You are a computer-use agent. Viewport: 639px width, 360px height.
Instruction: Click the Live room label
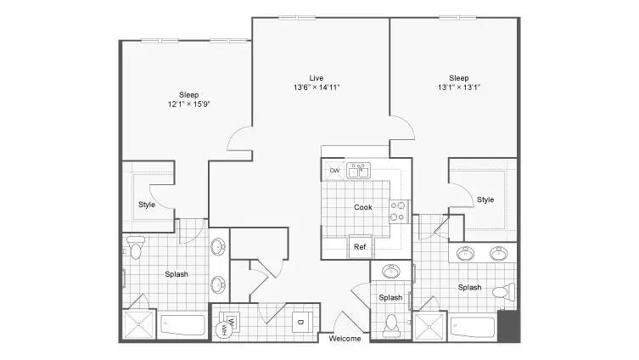[317, 78]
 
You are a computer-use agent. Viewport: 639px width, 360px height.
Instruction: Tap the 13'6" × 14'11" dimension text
[317, 87]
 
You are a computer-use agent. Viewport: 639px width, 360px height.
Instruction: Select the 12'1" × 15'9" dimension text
[188, 104]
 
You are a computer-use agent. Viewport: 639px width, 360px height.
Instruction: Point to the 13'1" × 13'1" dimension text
[459, 87]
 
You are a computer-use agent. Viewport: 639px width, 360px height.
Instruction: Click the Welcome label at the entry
[345, 339]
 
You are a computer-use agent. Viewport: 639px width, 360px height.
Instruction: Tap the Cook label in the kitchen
[362, 207]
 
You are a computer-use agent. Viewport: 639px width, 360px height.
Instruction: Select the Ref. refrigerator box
[361, 247]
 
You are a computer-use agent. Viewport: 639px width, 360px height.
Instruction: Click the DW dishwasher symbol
[334, 171]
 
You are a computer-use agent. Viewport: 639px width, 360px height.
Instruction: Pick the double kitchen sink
[359, 171]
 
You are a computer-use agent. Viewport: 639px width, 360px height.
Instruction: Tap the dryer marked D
[302, 322]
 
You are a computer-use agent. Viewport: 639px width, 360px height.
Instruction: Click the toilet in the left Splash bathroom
[135, 248]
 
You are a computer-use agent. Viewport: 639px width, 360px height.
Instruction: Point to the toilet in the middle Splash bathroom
[391, 326]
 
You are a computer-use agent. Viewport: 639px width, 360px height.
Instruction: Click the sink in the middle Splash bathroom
[391, 271]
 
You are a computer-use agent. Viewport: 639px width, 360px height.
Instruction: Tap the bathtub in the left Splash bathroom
[182, 325]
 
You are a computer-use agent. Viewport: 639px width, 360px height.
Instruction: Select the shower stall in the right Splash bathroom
[429, 326]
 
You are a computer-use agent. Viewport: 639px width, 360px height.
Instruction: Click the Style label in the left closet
[147, 205]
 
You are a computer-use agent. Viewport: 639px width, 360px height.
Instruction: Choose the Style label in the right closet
[485, 200]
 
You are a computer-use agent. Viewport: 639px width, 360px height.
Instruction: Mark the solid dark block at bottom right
[508, 326]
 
